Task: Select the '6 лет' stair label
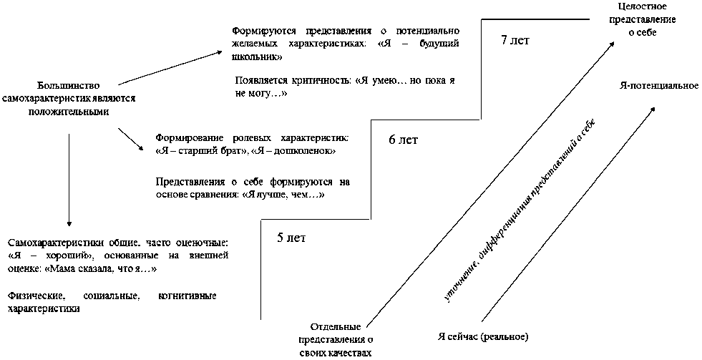[403, 140]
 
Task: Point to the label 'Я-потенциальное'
[658, 86]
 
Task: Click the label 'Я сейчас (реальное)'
[483, 336]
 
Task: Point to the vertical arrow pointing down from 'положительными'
[69, 179]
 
